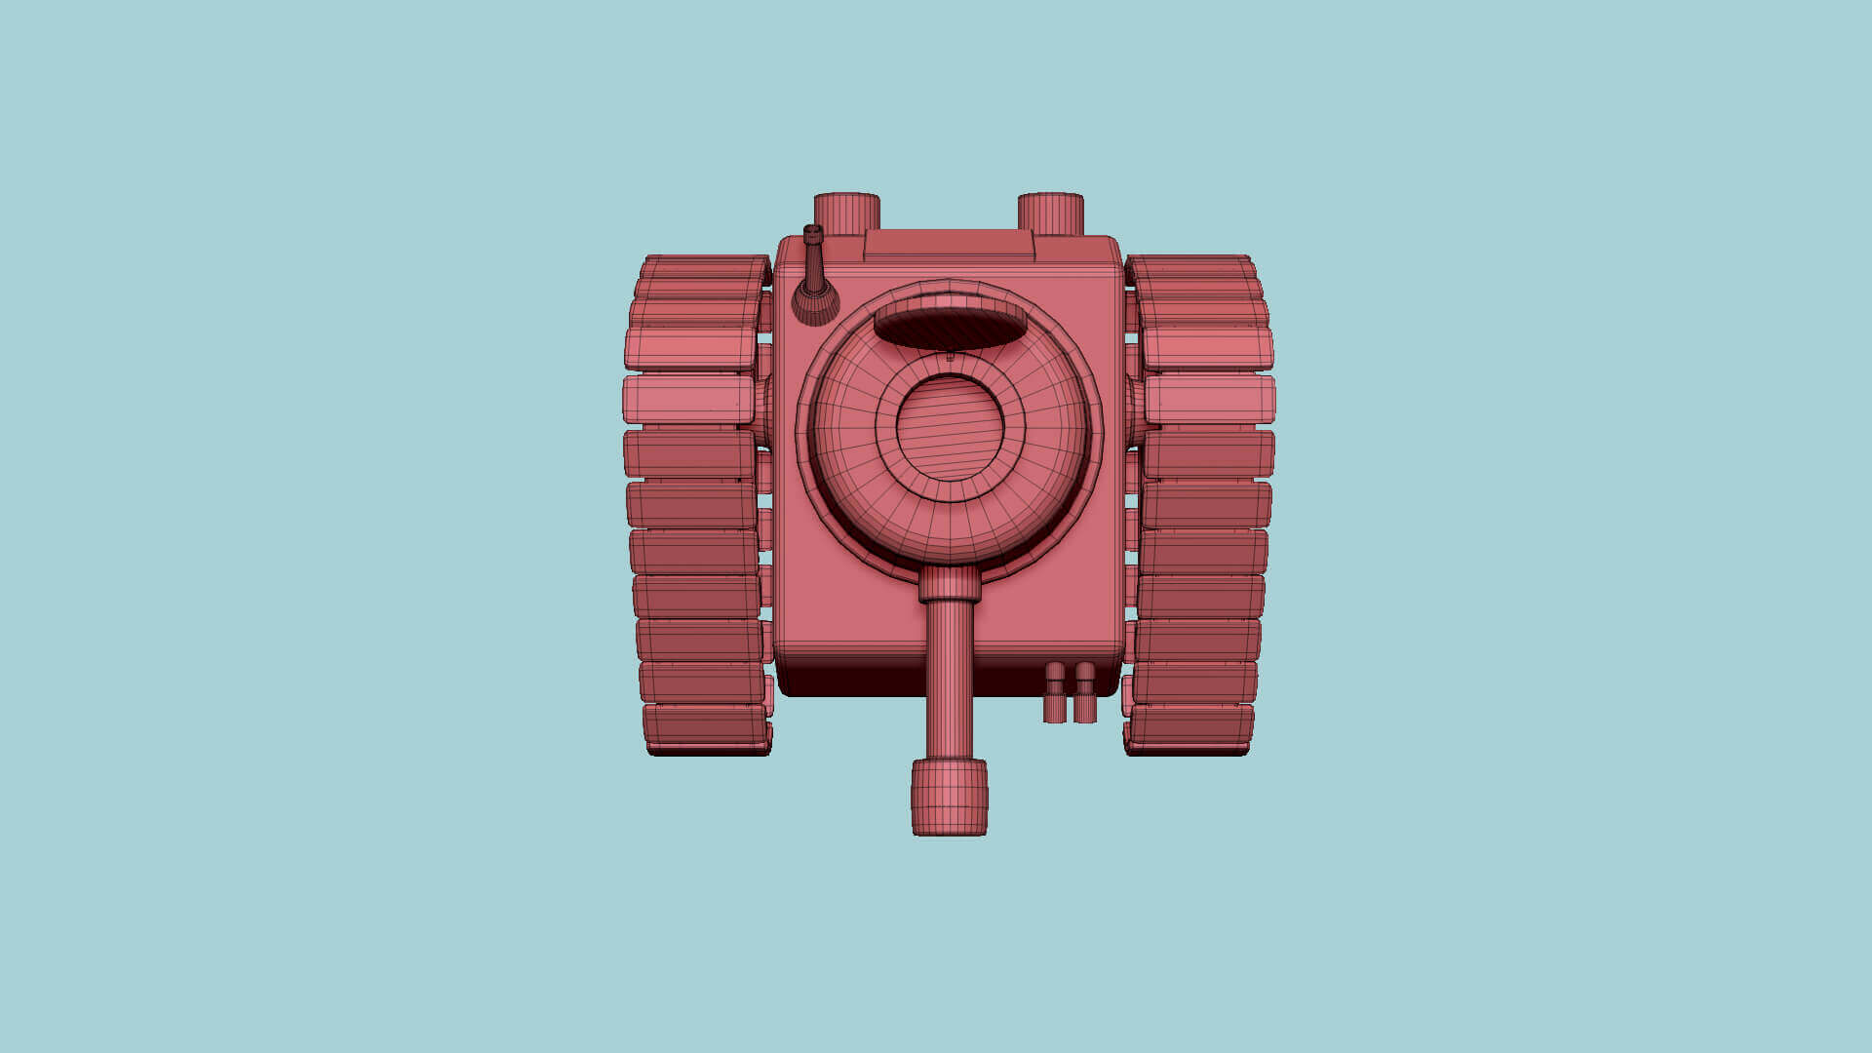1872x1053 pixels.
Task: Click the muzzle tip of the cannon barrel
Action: [x=949, y=799]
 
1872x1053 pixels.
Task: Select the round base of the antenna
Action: [x=815, y=302]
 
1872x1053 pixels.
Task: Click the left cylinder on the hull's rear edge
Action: [x=846, y=212]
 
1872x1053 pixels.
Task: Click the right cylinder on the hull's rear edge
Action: [x=1050, y=212]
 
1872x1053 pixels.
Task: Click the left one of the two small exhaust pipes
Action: [x=1054, y=694]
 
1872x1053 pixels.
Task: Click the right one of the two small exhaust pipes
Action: [x=1085, y=694]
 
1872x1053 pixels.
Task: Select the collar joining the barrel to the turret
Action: [x=949, y=584]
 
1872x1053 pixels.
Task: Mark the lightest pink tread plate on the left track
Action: [x=688, y=400]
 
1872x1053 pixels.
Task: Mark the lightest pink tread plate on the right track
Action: [x=1210, y=400]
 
